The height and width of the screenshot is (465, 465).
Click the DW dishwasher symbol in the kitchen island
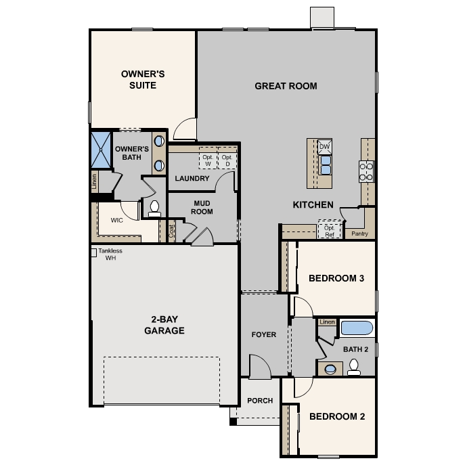tap(324, 146)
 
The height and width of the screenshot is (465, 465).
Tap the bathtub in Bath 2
tap(357, 328)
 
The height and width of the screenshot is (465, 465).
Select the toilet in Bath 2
tap(354, 367)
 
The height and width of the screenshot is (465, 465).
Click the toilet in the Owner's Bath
tap(154, 208)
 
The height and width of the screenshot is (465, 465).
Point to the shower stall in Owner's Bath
tap(101, 150)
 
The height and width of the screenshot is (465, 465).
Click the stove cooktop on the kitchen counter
tap(366, 171)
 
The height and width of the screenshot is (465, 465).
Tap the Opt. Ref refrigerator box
tap(330, 229)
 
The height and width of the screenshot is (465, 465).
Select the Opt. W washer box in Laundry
tap(208, 158)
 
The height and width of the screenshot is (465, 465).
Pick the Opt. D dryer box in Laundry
tap(227, 158)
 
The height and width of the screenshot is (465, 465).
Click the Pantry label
tap(359, 234)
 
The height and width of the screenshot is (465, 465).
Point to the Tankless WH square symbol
tap(93, 252)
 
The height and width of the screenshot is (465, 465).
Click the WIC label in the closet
tap(116, 221)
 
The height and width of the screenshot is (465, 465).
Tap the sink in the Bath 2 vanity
tap(330, 369)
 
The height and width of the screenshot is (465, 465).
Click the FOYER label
tap(264, 335)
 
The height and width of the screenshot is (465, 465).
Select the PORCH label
tap(260, 401)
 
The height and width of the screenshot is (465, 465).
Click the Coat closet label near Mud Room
tap(171, 231)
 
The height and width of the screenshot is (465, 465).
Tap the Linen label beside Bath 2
tap(327, 322)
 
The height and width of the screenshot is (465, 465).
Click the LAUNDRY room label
tap(192, 178)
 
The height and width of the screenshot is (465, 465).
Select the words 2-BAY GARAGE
tap(164, 325)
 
